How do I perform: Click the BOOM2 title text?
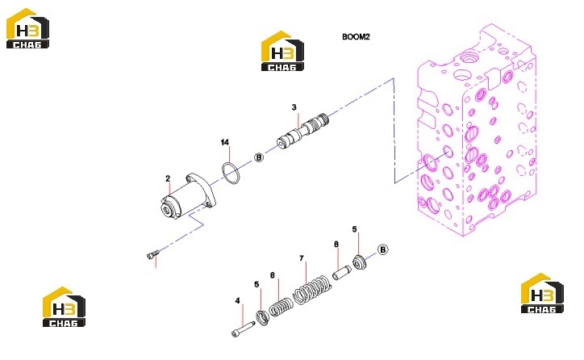tap(356, 36)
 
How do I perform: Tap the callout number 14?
tap(224, 142)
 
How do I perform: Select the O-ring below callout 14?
tap(231, 174)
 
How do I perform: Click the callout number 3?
tap(294, 107)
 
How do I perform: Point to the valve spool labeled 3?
tap(303, 131)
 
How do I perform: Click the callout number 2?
tap(168, 178)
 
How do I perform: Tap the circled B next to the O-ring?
tap(258, 157)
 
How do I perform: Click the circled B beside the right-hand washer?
tap(382, 249)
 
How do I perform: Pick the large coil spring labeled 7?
tap(312, 289)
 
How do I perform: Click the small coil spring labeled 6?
tap(282, 307)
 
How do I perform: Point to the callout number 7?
tap(302, 257)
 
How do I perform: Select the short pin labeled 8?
tap(342, 272)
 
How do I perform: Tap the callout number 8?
tap(336, 245)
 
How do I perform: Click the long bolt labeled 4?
tap(244, 329)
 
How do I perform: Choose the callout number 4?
tap(238, 301)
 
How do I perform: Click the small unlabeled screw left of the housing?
tap(153, 254)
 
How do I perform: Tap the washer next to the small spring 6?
tap(263, 318)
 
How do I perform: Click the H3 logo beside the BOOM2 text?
tap(282, 51)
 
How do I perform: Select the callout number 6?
tap(273, 275)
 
